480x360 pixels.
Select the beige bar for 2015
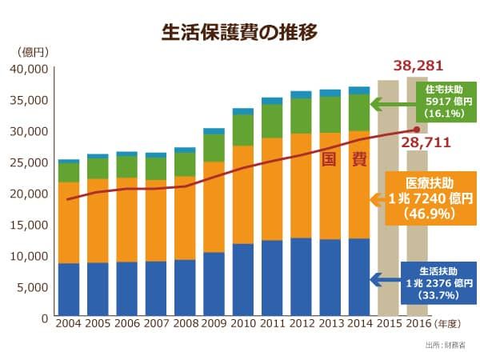(x=388, y=200)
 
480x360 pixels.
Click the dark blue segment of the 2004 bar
(x=68, y=290)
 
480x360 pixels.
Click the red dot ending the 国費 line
(x=416, y=130)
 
